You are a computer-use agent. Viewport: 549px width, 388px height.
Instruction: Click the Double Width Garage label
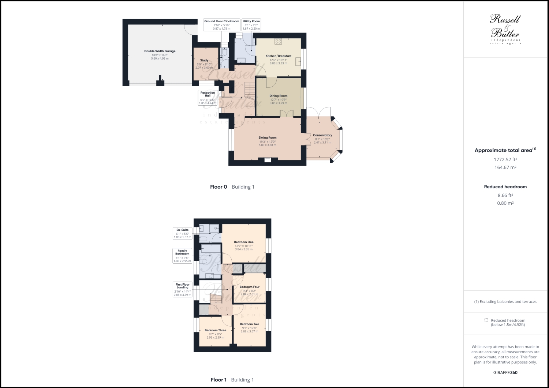click(160, 51)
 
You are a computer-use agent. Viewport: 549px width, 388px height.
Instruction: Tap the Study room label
click(204, 60)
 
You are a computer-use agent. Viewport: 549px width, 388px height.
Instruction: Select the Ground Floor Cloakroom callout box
click(221, 25)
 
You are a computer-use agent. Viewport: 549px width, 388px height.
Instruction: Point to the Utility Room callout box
click(251, 25)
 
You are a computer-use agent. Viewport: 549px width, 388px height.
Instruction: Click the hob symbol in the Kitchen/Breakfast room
click(278, 41)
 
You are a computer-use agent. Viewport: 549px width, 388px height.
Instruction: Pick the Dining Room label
click(278, 96)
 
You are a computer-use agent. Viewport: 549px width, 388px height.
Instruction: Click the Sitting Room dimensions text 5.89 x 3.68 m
click(267, 145)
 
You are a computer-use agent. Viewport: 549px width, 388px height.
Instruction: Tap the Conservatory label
click(322, 135)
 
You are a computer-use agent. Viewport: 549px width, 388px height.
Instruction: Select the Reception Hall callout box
click(208, 98)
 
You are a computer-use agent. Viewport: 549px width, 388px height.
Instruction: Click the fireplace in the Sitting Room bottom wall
click(268, 159)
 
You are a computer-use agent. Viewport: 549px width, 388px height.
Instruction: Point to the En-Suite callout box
click(182, 233)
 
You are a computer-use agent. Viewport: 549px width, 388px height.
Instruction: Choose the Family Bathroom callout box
click(182, 256)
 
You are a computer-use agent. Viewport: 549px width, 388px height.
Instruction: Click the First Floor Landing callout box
click(182, 289)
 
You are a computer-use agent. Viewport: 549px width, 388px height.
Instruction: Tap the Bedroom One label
click(243, 242)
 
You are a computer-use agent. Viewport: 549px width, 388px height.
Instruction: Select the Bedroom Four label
click(249, 287)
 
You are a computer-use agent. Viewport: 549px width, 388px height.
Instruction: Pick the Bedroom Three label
click(215, 330)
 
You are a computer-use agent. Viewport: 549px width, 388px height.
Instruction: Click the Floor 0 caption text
click(219, 187)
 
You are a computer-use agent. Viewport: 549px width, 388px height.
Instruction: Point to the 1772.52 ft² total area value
click(505, 159)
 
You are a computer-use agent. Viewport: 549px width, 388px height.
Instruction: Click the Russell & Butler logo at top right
click(505, 29)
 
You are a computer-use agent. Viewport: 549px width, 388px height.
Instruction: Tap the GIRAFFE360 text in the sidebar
click(505, 373)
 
